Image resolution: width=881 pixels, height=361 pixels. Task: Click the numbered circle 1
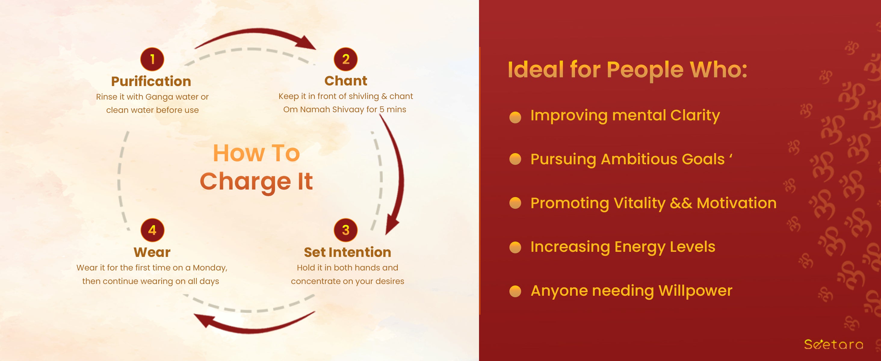(x=152, y=59)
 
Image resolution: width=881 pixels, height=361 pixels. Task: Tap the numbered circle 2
(x=346, y=59)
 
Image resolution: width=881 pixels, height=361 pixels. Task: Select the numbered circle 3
(x=346, y=230)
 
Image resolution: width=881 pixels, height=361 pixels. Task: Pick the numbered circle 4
(x=152, y=230)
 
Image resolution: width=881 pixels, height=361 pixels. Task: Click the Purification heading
(x=151, y=81)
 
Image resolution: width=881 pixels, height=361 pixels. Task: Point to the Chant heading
(x=346, y=81)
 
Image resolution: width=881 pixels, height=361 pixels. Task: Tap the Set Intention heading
(x=348, y=252)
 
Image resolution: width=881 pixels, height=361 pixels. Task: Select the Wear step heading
(x=152, y=252)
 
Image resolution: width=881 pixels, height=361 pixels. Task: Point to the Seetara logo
(x=833, y=344)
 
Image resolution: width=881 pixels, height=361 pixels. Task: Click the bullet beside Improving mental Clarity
(x=515, y=117)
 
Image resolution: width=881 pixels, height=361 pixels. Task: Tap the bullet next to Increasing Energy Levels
(x=515, y=247)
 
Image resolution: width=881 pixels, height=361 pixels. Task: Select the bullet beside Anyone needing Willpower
(x=515, y=291)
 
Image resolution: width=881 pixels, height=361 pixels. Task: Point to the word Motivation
(x=737, y=203)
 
